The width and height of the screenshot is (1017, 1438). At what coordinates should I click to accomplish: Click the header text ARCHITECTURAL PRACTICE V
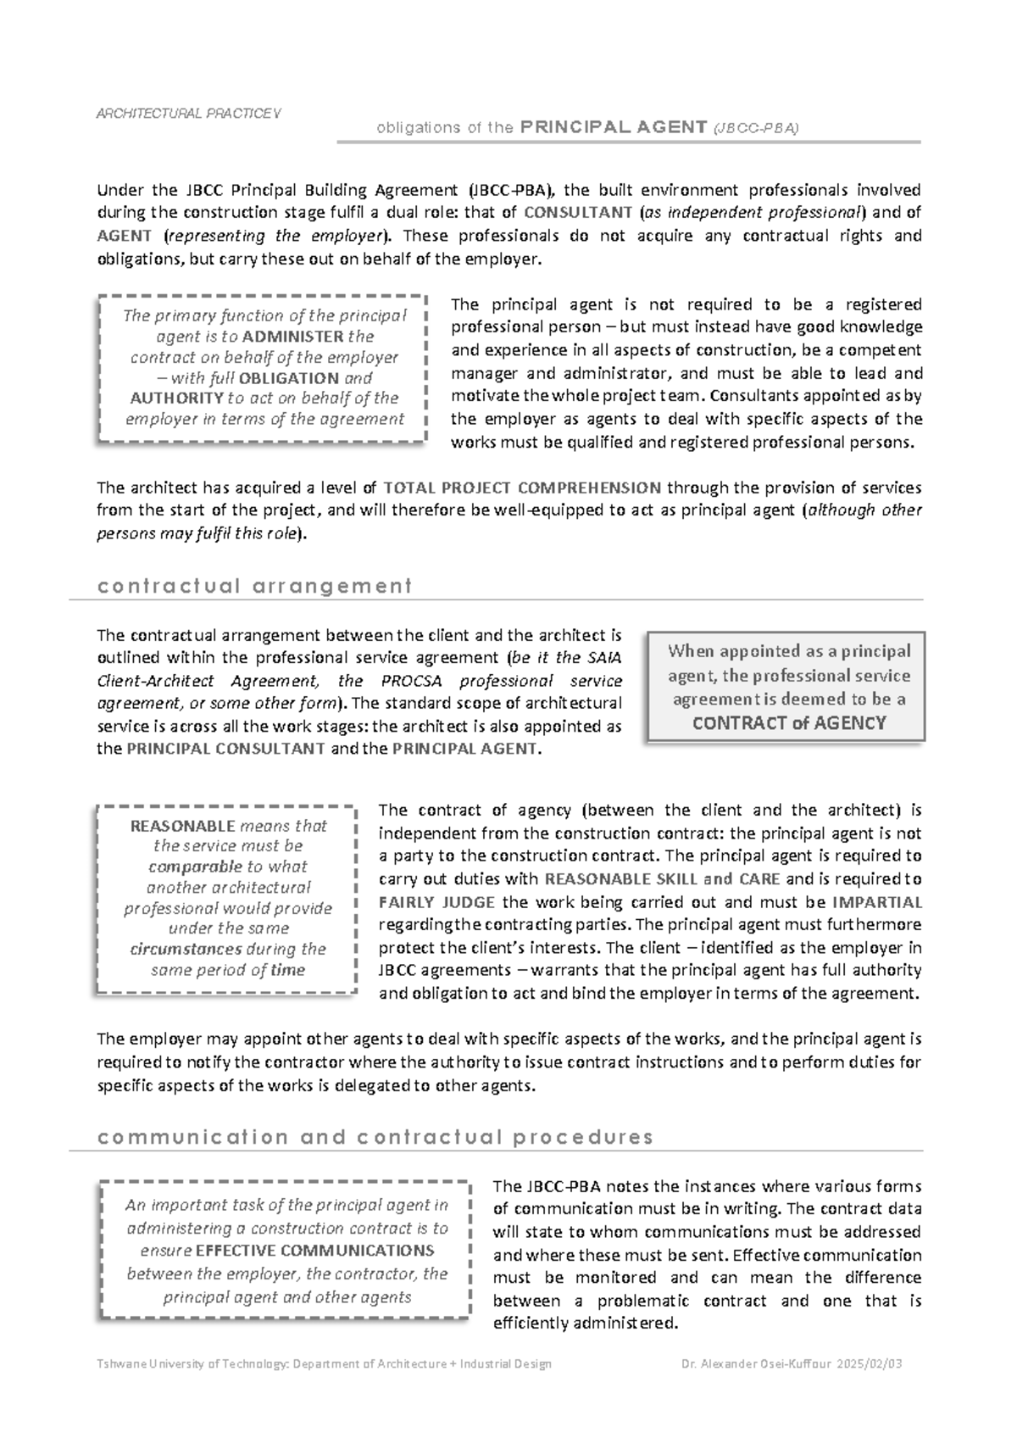coord(189,114)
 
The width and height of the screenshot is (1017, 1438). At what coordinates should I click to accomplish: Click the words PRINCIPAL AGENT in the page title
coord(614,127)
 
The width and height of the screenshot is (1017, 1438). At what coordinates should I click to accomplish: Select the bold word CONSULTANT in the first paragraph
coord(578,213)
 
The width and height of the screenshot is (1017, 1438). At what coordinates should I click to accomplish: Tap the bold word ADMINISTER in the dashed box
coord(292,337)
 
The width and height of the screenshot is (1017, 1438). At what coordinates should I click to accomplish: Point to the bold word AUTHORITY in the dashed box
coord(176,399)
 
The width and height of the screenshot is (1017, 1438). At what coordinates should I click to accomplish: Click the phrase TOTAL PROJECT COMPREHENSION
coord(522,488)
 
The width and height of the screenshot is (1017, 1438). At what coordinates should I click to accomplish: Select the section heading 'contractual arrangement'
coord(254,586)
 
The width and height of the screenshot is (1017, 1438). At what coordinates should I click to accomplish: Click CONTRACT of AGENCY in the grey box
coord(789,723)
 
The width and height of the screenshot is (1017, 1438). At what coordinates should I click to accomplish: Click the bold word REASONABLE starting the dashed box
coord(182,826)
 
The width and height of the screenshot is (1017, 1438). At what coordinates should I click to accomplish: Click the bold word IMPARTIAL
coord(877,902)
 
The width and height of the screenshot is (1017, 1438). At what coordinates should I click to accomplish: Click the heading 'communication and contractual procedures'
coord(375,1137)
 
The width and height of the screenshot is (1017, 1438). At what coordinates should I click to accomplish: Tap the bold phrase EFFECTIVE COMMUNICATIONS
coord(314,1251)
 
